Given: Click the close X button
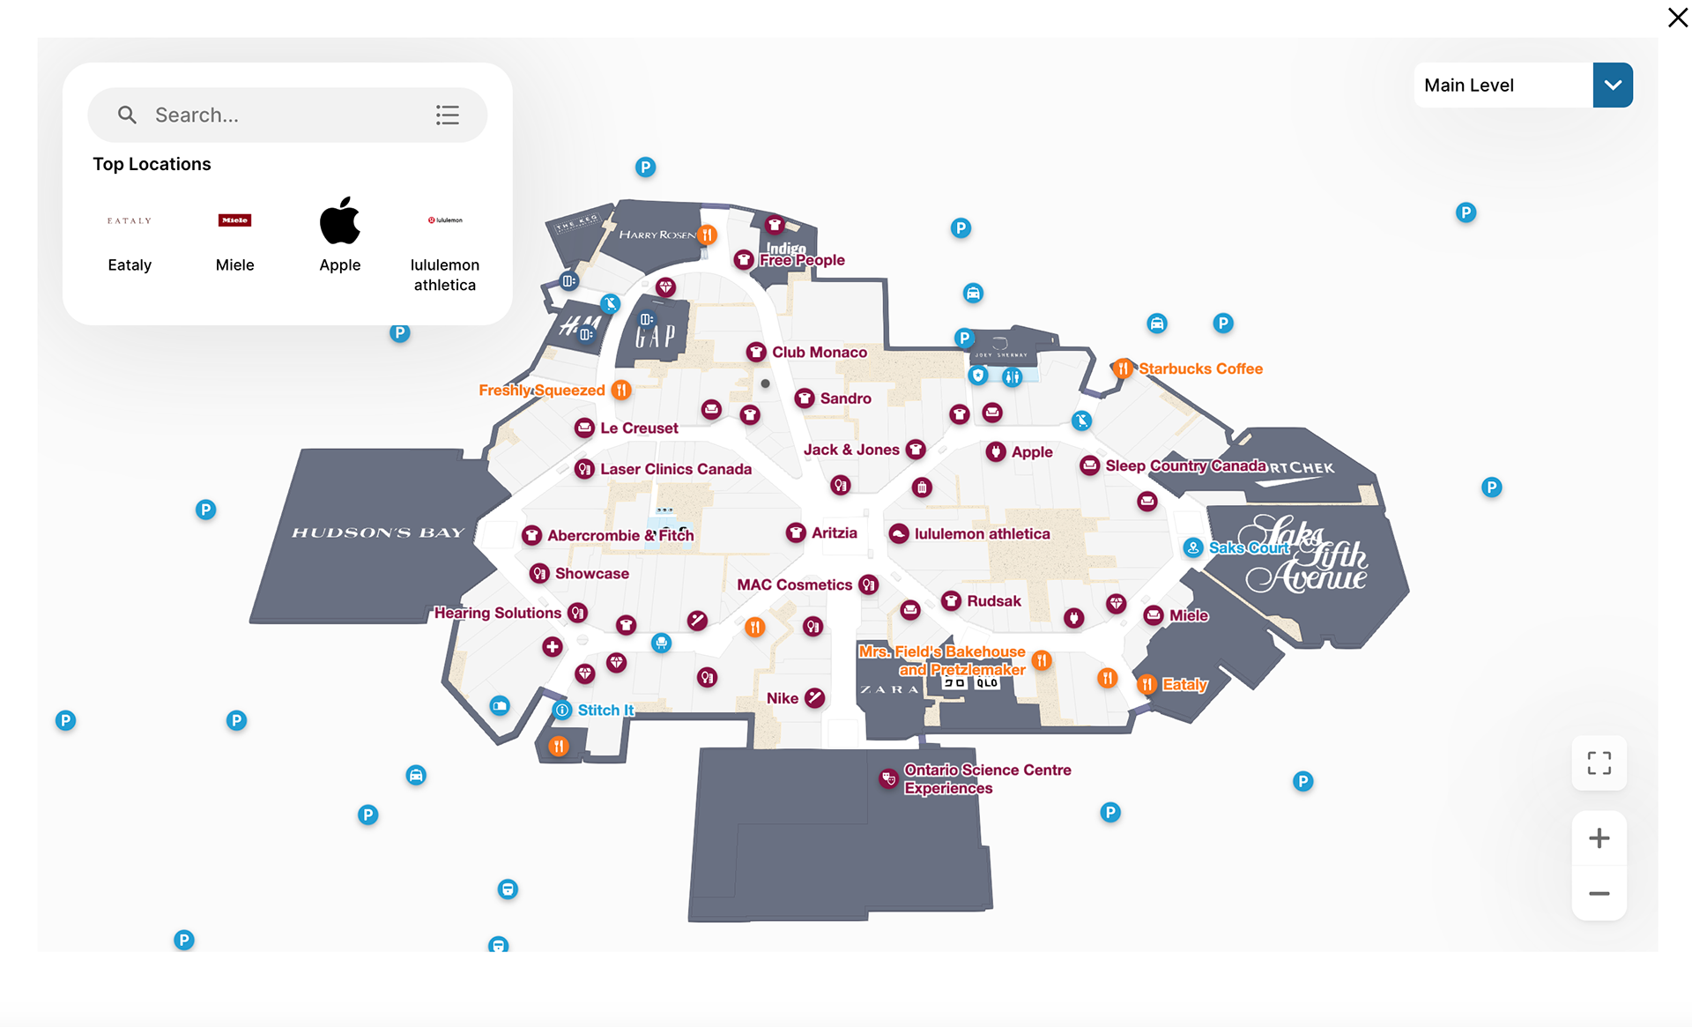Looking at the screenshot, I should point(1677,18).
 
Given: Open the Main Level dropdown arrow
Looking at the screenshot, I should point(1612,86).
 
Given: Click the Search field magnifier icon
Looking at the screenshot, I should point(127,115).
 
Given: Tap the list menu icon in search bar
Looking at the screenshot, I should point(447,115).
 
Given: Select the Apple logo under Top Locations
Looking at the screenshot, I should point(339,220).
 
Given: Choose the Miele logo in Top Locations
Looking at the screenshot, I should point(234,220).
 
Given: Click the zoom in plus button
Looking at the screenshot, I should point(1599,837).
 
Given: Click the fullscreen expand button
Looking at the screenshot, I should point(1599,763).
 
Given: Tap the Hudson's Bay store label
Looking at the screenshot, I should point(377,532).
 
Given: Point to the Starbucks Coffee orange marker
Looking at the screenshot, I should point(1122,368).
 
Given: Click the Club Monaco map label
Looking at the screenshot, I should point(819,352).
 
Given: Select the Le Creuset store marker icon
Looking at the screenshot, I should point(584,428).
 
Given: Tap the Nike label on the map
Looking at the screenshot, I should point(782,698).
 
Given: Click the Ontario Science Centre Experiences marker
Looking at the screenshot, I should point(888,778).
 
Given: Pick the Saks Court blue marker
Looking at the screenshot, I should point(1192,547).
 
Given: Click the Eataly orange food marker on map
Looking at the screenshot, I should point(1147,684).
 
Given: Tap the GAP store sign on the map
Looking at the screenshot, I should point(656,336).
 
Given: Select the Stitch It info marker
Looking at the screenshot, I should point(562,710).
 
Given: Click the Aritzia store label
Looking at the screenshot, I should point(834,532).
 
